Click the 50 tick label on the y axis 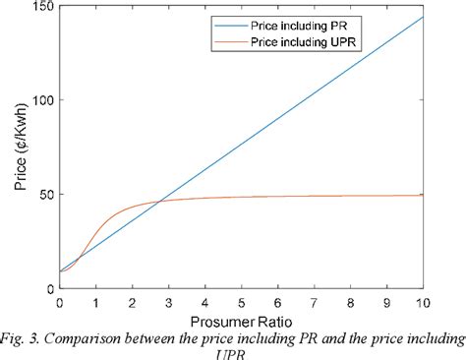45,195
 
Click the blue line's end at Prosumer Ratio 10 423,17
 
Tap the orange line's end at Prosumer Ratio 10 423,195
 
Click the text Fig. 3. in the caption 22,339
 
